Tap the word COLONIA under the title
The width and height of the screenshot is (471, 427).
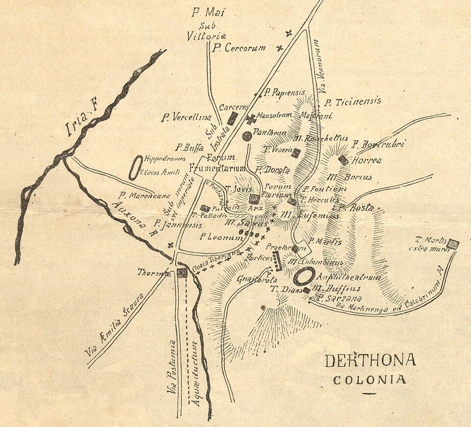click(369, 379)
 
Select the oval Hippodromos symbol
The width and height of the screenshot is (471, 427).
click(135, 168)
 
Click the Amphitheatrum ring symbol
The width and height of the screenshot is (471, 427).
click(304, 276)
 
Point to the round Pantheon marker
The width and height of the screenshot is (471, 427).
click(247, 136)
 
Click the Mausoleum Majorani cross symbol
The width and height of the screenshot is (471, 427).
click(251, 119)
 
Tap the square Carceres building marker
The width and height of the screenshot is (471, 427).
click(233, 118)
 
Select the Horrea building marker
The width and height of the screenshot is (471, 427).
click(343, 160)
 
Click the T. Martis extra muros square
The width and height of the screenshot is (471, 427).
click(454, 244)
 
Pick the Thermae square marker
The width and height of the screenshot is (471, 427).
click(182, 273)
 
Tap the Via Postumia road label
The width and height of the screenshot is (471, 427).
click(171, 367)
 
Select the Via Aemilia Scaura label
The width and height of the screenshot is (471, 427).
click(114, 325)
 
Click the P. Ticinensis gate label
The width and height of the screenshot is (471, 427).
click(352, 102)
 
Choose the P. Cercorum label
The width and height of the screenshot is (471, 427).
click(238, 48)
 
